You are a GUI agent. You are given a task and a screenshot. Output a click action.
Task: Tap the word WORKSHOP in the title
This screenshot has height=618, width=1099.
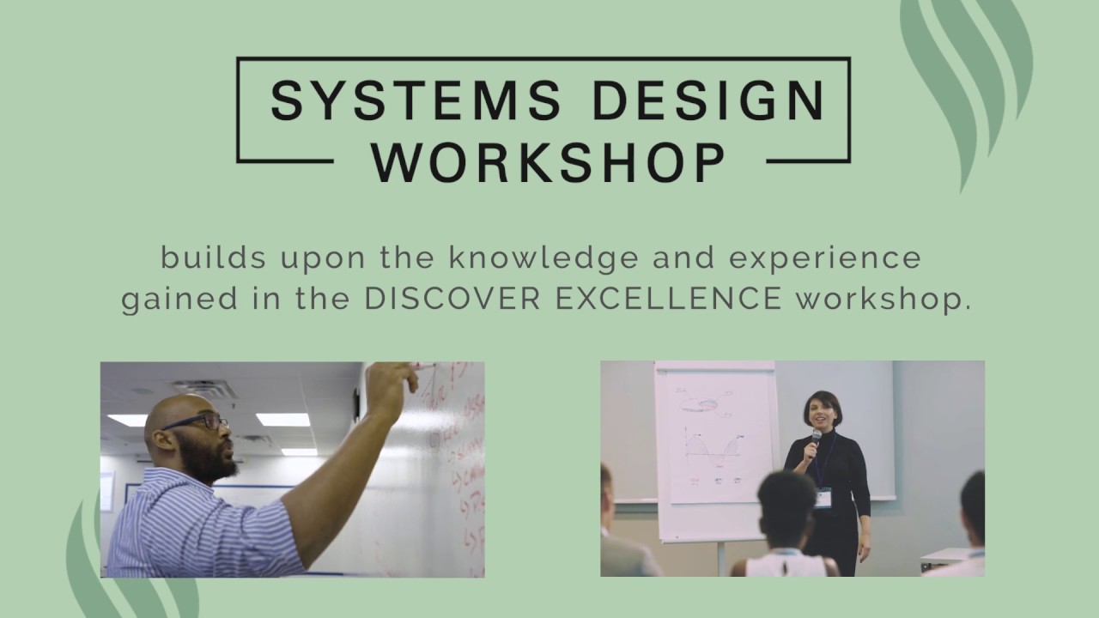click(x=549, y=161)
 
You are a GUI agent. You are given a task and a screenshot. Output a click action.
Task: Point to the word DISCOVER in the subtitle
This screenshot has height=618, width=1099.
click(x=452, y=300)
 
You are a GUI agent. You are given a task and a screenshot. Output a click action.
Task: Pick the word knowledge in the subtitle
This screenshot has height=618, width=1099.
click(x=544, y=257)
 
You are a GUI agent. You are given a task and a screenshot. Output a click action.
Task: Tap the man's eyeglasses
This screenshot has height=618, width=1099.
click(x=197, y=421)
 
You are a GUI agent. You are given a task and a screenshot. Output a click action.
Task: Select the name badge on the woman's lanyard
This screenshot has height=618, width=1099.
click(x=823, y=498)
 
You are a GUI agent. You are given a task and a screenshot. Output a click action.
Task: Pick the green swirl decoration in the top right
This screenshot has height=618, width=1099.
click(x=966, y=77)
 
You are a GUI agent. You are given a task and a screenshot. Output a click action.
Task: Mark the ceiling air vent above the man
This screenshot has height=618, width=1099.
click(x=204, y=389)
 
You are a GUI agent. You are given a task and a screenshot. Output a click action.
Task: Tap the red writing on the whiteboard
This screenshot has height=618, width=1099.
click(x=459, y=455)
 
